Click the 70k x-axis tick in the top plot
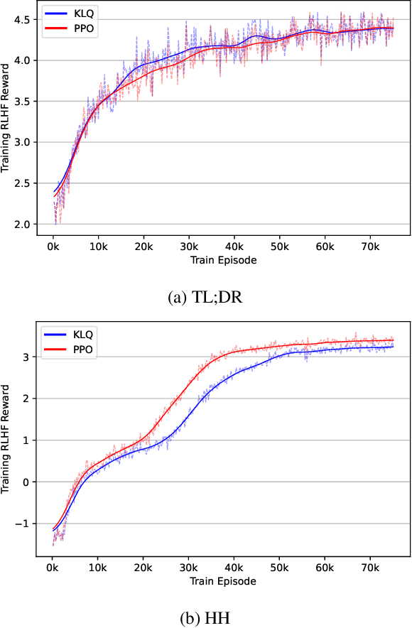click(x=371, y=247)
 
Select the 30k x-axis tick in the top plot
click(x=189, y=247)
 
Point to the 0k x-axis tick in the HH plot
click(x=53, y=568)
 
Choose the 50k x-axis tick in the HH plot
click(x=280, y=568)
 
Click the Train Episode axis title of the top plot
click(x=223, y=260)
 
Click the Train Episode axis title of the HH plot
click(x=223, y=580)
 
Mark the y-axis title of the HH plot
click(x=7, y=440)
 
